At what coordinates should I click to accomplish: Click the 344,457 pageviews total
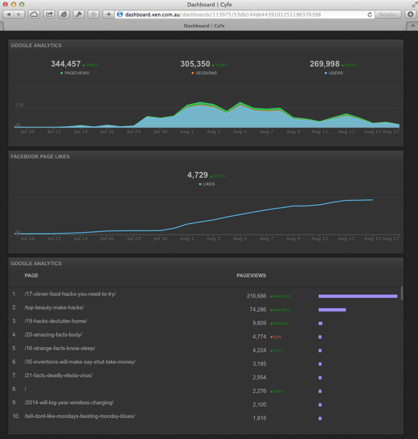66,64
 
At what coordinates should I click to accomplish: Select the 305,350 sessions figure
195,64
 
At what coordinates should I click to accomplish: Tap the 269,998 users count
324,64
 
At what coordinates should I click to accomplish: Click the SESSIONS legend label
206,73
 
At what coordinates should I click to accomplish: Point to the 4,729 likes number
197,175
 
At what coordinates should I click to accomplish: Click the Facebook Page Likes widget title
40,156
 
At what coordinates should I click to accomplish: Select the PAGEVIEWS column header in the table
251,276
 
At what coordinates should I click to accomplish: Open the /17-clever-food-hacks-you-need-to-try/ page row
70,294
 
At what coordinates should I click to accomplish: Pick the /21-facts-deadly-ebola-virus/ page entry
58,376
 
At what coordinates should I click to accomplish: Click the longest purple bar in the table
357,296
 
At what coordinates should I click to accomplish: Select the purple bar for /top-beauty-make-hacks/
332,310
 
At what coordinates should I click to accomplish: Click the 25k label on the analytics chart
19,105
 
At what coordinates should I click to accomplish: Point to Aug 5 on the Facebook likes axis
240,238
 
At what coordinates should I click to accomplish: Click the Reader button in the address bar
388,15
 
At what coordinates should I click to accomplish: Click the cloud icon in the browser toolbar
34,15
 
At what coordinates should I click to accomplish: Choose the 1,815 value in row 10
259,418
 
